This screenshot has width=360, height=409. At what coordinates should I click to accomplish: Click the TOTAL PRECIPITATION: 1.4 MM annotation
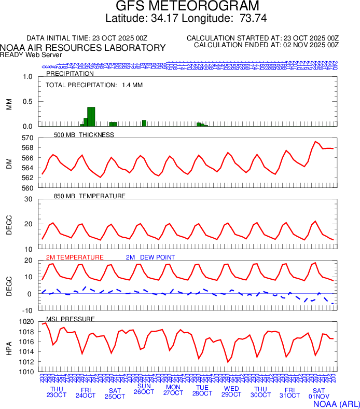[94, 85]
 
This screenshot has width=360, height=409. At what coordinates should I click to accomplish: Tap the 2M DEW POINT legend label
[150, 257]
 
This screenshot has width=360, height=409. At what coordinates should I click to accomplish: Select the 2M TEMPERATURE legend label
[75, 257]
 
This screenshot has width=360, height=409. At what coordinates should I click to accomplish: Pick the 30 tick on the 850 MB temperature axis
[29, 199]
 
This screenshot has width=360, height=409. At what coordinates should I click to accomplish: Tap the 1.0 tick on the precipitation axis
[28, 77]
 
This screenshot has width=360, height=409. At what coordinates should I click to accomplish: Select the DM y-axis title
[9, 163]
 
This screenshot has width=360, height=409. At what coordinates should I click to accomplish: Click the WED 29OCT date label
[231, 392]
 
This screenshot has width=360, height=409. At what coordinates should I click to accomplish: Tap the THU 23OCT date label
[57, 392]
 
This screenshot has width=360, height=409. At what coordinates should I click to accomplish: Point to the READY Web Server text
[31, 55]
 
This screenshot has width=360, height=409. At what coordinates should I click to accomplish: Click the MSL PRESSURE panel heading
[71, 319]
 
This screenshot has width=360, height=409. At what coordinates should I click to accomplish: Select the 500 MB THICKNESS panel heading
[84, 135]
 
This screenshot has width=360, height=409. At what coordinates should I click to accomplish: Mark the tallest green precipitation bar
[91, 116]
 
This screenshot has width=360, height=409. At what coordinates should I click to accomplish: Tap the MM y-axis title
[9, 104]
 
